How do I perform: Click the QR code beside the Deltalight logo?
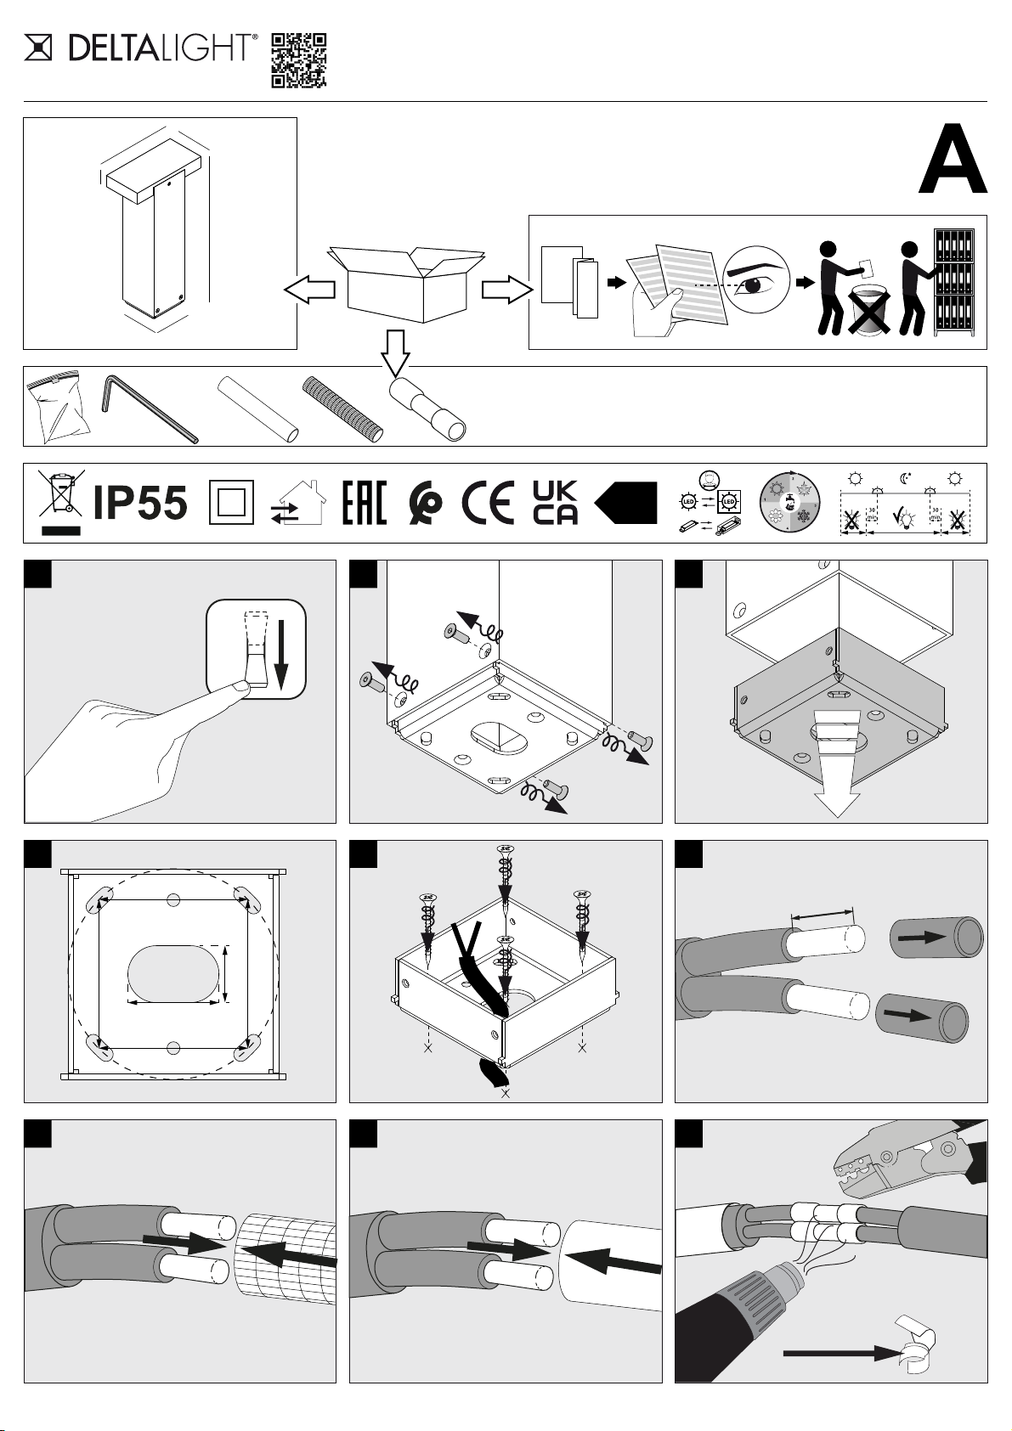tap(298, 61)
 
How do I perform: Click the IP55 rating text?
tap(139, 504)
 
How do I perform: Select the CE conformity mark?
tap(489, 504)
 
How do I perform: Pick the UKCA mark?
tap(555, 503)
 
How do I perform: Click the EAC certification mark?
tap(364, 503)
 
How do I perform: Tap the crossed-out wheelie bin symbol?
tap(59, 497)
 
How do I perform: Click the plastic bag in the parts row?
tap(58, 408)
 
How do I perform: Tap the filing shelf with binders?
tap(954, 283)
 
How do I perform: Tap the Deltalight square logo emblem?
tap(38, 48)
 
